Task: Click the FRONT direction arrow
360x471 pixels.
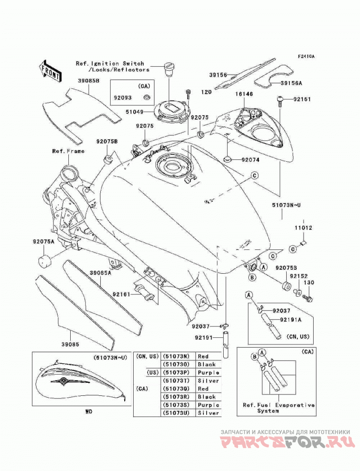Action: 50,71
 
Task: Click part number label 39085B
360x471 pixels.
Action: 89,81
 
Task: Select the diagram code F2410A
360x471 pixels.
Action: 306,56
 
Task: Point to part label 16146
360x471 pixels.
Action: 244,94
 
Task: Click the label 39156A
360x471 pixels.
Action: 292,83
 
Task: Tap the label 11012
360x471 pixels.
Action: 303,228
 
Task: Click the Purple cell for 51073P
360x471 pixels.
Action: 208,372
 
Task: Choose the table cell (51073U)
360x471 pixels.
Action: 176,413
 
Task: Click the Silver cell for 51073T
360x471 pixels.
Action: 208,380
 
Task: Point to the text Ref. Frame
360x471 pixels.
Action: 68,151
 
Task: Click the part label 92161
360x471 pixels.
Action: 121,294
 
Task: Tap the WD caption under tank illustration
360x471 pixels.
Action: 89,412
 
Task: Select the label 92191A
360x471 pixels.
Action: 290,320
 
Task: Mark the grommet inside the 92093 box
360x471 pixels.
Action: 147,97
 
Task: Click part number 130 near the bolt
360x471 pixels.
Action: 309,283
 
